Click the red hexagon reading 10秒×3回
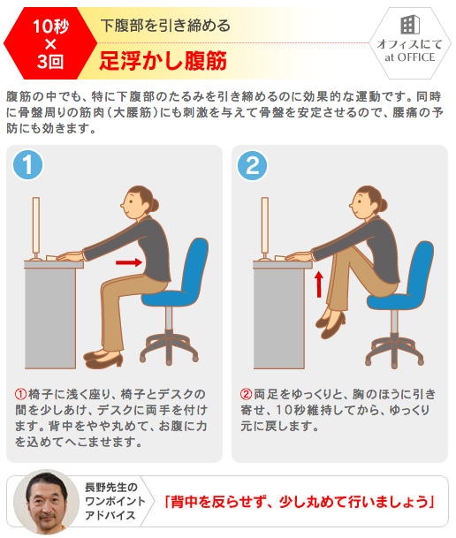pyautogui.click(x=50, y=43)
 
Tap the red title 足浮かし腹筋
pyautogui.click(x=163, y=61)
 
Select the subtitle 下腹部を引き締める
pyautogui.click(x=165, y=26)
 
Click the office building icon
pyautogui.click(x=410, y=25)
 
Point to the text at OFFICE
pyautogui.click(x=410, y=57)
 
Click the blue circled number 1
pyautogui.click(x=27, y=164)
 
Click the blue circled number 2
pyautogui.click(x=252, y=165)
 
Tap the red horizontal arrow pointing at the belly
pyautogui.click(x=129, y=262)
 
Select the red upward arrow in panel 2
pyautogui.click(x=319, y=284)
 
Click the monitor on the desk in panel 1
pyautogui.click(x=35, y=229)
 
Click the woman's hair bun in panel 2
pyautogui.click(x=384, y=205)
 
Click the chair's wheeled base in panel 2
pyautogui.click(x=395, y=351)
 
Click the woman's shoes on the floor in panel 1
pyautogui.click(x=103, y=358)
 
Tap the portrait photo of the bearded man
pyautogui.click(x=46, y=502)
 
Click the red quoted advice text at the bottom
pyautogui.click(x=300, y=502)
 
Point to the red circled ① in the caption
pyautogui.click(x=20, y=394)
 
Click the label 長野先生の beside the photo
pyautogui.click(x=110, y=487)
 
